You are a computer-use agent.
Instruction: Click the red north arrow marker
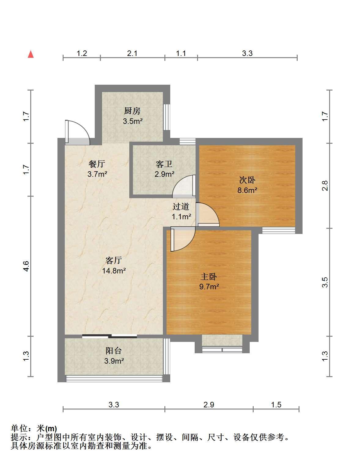click(x=31, y=54)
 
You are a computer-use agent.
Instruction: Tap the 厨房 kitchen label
click(x=132, y=111)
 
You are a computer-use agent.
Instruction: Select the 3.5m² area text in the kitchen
click(x=133, y=121)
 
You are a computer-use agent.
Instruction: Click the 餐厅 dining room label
click(x=97, y=164)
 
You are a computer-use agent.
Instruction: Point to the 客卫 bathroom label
click(x=164, y=164)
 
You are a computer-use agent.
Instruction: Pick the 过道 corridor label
click(x=181, y=206)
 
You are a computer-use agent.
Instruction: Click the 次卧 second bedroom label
click(x=247, y=180)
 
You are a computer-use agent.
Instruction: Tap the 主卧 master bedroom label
click(x=208, y=276)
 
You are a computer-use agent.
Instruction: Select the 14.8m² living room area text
click(x=114, y=271)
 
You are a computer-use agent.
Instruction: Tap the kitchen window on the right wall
click(x=167, y=117)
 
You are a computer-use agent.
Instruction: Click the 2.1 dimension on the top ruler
click(x=132, y=53)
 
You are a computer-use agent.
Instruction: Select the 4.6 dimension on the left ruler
click(x=26, y=266)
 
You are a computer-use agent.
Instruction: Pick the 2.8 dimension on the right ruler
click(x=325, y=186)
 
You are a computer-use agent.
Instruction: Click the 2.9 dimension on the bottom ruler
click(x=209, y=405)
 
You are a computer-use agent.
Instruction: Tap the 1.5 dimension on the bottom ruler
click(x=276, y=405)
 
